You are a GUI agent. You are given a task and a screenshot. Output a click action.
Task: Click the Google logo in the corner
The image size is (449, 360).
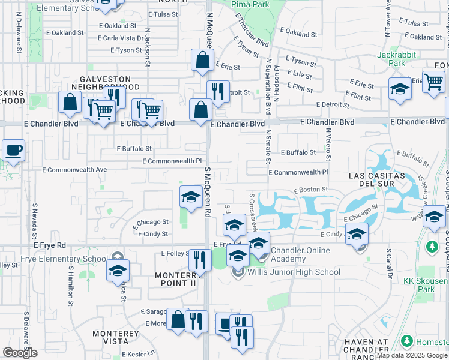20,353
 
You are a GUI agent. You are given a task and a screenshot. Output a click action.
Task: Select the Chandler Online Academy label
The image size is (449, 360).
300,254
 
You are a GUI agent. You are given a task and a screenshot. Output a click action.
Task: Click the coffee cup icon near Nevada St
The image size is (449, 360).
13,151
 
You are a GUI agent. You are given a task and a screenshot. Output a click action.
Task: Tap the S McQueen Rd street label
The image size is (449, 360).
208,192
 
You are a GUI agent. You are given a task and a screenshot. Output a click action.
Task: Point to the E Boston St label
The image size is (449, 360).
310,190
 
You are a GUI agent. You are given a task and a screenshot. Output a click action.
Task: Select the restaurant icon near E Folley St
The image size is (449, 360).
200,259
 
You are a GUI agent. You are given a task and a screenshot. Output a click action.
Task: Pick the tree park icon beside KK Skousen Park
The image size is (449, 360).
432,247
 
